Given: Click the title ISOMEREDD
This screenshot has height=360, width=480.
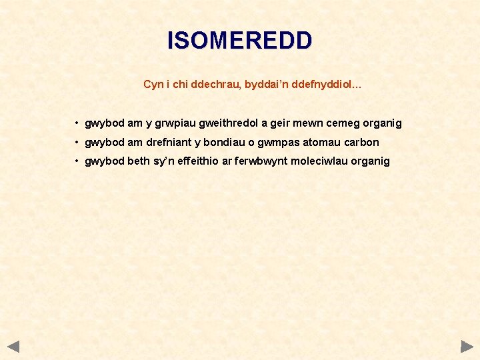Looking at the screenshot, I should coord(239,41).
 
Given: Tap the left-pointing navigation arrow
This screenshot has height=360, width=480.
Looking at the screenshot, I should coord(13,347).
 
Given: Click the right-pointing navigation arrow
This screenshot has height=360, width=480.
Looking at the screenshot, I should coord(467,347).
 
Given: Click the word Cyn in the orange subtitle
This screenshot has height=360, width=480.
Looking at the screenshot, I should coord(153,85).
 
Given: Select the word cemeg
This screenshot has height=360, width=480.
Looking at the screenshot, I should coord(344,123).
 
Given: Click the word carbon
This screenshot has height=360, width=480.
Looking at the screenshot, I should coord(361,142).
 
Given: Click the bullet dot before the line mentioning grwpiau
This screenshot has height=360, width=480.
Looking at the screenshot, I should coord(77,123).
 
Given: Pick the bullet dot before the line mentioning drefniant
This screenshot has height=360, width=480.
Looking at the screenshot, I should coord(77,142).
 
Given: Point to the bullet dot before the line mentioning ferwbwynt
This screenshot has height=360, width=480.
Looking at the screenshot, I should coord(77,161).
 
